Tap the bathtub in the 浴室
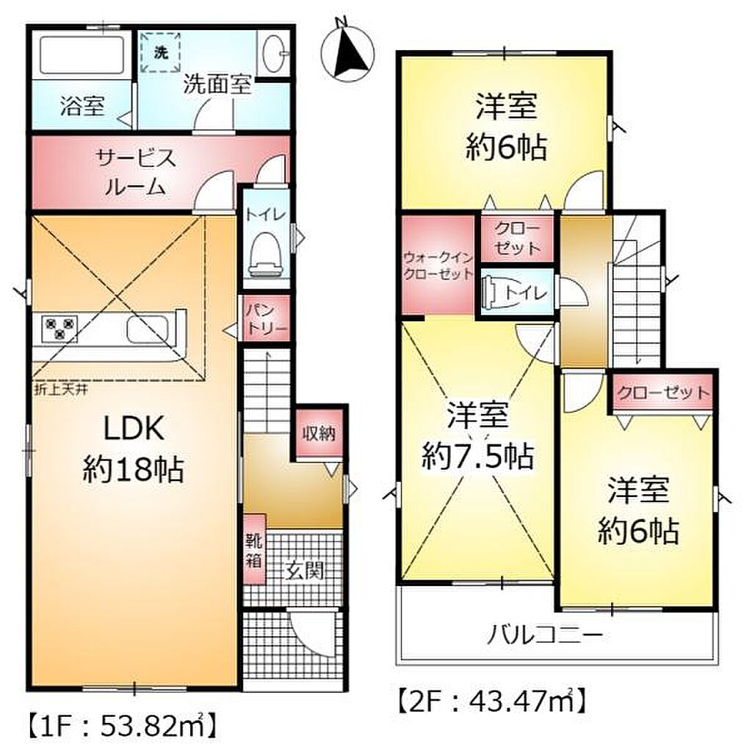(x=82, y=54)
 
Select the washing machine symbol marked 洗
(x=161, y=52)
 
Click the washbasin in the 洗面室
(x=273, y=53)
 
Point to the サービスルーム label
(x=136, y=172)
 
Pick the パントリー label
(x=266, y=318)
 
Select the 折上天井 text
(x=61, y=390)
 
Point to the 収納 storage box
(x=319, y=434)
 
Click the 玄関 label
(x=306, y=571)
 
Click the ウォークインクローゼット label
(x=438, y=265)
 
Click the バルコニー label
(x=545, y=636)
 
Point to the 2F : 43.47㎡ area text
(x=491, y=701)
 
